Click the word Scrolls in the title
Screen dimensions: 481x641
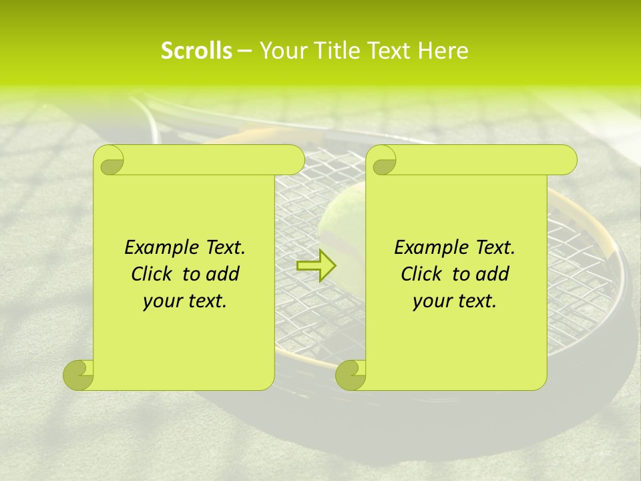(196, 51)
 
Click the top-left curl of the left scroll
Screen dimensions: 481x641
(110, 160)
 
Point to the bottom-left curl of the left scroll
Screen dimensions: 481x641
(79, 375)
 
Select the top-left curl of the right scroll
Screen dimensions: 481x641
(383, 160)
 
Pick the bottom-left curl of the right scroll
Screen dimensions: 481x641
(351, 375)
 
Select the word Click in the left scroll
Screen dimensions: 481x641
(151, 274)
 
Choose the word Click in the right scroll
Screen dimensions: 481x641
(421, 274)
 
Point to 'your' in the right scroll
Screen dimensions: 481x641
(431, 301)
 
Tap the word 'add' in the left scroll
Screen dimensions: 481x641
(222, 274)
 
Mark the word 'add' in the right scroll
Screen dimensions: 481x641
(492, 274)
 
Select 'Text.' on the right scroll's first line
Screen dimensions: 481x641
(495, 248)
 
